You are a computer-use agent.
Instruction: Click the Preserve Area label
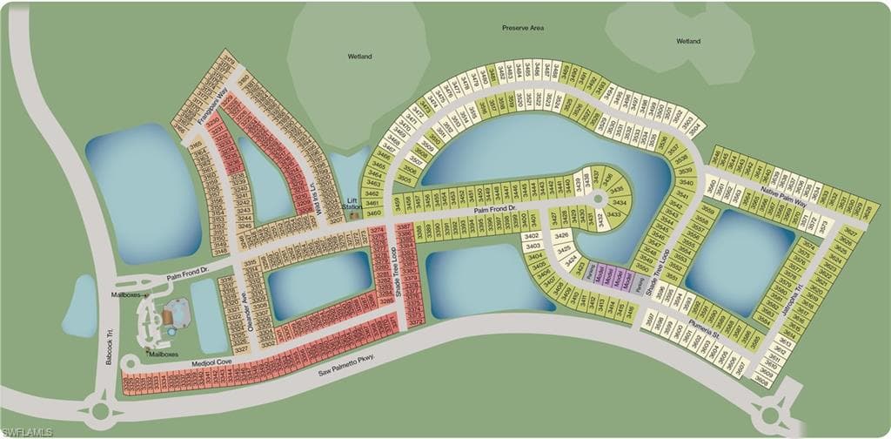pyautogui.click(x=523, y=28)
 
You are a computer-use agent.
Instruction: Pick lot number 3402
pyautogui.click(x=533, y=236)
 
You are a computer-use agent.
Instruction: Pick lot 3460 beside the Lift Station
pyautogui.click(x=374, y=213)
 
